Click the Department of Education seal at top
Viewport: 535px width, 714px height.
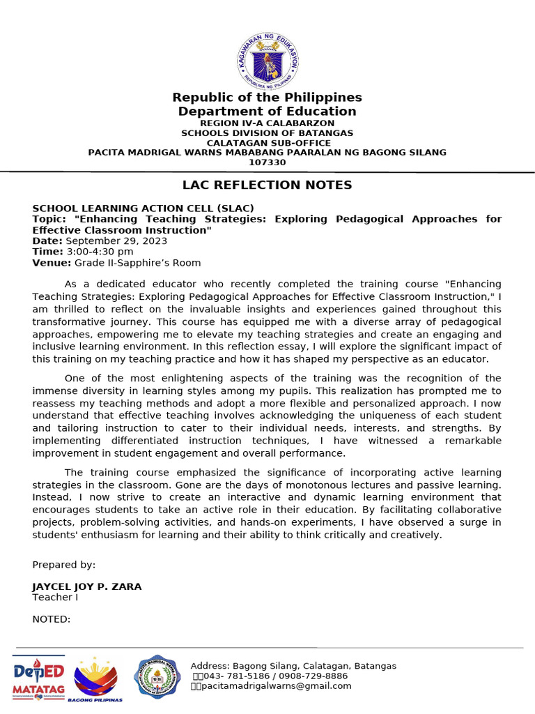pos(267,61)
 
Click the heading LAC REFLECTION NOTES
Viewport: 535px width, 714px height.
pos(267,185)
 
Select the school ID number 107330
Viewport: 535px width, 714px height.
pos(267,162)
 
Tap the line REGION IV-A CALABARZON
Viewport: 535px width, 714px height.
pos(267,123)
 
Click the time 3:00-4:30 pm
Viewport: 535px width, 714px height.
pos(100,252)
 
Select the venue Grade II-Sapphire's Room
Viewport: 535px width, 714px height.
pos(137,263)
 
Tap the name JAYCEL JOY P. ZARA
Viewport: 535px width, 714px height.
pos(86,586)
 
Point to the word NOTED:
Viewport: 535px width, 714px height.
pos(52,619)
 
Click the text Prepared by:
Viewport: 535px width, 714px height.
pos(64,565)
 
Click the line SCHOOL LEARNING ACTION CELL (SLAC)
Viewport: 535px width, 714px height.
pos(143,208)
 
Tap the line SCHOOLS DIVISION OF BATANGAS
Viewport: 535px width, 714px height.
pos(267,132)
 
